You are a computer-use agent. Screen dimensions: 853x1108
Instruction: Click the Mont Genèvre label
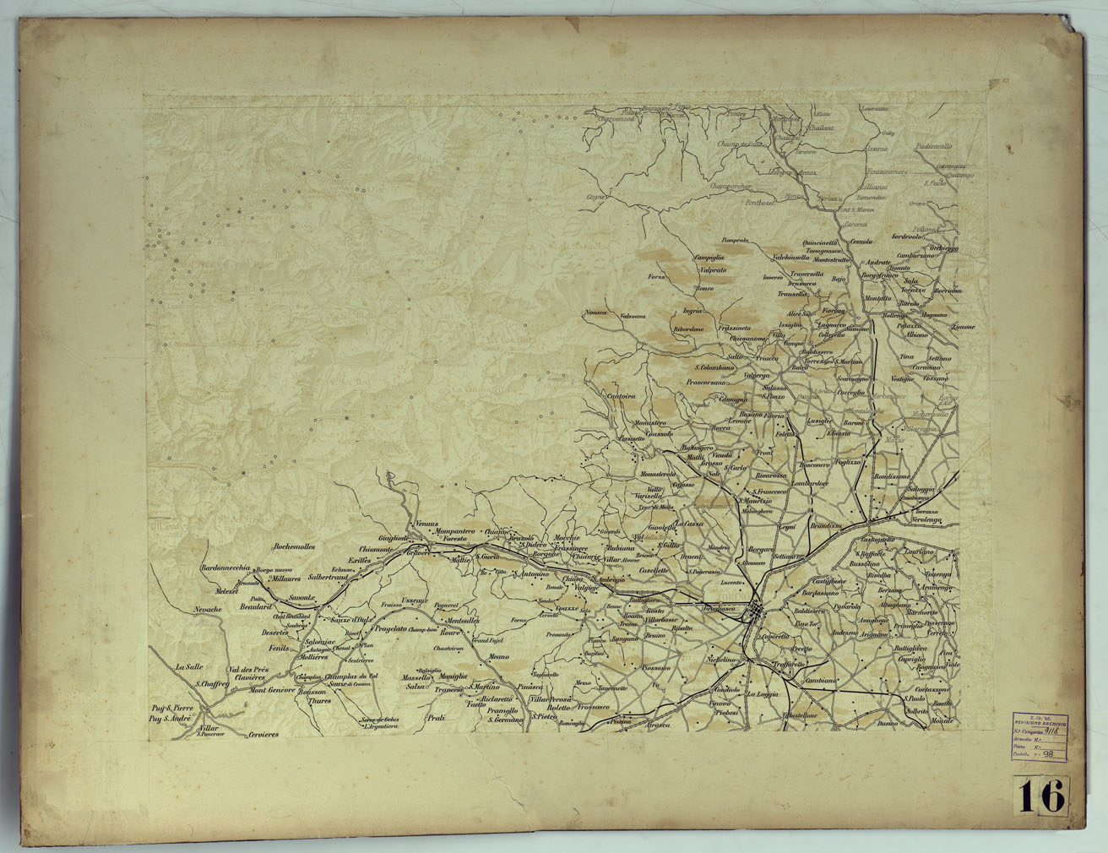[x=270, y=690]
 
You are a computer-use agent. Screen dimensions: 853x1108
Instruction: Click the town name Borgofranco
[x=878, y=275]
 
